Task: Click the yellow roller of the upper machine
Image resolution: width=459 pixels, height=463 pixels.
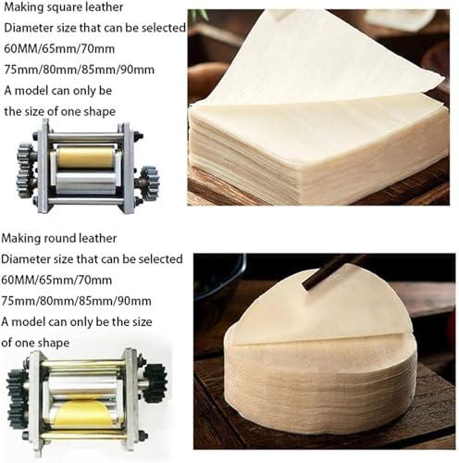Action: (x=85, y=157)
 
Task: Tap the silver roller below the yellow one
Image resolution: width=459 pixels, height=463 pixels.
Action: (x=86, y=182)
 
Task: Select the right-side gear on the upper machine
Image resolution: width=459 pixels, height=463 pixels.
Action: (x=150, y=181)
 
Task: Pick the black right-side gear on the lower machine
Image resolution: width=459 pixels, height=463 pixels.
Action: (x=155, y=383)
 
